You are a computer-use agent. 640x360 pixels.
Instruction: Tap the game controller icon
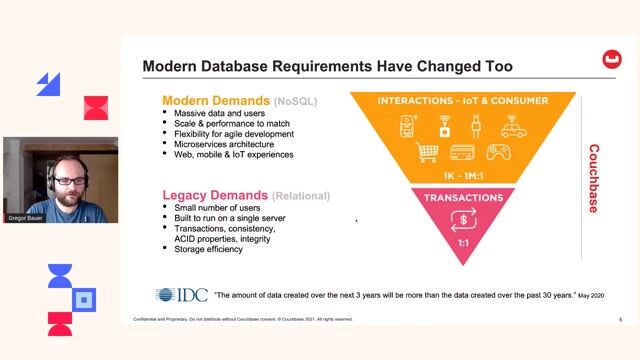(498, 152)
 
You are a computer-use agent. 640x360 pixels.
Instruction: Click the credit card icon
(462, 152)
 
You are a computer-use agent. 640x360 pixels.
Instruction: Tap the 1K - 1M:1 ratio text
(462, 175)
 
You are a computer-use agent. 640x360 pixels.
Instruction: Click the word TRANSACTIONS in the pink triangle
(462, 197)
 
